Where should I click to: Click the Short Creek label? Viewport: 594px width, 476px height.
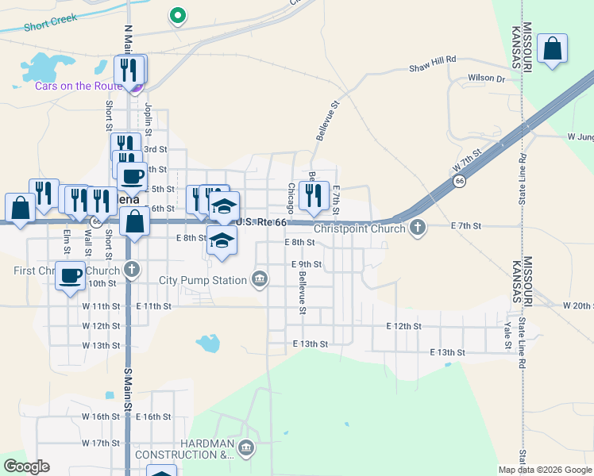pos(49,25)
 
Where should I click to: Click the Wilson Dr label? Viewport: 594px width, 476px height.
pos(486,79)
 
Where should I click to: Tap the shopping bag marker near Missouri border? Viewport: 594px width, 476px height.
pos(552,50)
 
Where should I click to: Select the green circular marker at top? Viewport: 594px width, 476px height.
pos(179,15)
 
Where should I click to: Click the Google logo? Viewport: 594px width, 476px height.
pos(26,466)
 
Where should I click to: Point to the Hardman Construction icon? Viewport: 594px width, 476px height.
pos(246,449)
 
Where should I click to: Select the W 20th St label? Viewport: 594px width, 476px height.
pos(578,305)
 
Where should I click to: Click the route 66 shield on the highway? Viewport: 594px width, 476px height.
pos(460,182)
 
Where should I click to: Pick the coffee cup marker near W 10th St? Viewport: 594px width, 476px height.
pos(70,275)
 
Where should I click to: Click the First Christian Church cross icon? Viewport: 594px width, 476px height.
pos(132,270)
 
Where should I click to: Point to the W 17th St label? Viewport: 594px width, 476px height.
pos(100,443)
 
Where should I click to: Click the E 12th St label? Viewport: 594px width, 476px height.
pos(403,326)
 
